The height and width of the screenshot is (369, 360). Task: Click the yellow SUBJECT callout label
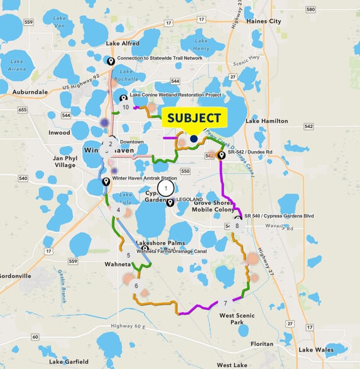194,117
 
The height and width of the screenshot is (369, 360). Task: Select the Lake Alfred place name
123,43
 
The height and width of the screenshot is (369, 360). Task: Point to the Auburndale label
30,92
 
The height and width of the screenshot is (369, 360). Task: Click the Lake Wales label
315,350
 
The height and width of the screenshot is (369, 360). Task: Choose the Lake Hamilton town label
266,120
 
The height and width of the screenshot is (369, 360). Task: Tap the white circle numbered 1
165,187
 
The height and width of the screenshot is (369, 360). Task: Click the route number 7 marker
225,304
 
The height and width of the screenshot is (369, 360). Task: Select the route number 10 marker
126,107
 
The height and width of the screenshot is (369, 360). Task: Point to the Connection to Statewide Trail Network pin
111,60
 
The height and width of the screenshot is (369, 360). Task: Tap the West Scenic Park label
237,319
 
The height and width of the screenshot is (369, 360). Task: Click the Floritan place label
262,344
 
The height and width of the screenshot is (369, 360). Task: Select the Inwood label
59,133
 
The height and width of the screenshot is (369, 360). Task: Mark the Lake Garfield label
69,361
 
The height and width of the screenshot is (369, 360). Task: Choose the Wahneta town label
117,264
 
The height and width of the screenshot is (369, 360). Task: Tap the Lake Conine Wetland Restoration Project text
176,95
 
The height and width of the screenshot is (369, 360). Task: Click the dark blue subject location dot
194,139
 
